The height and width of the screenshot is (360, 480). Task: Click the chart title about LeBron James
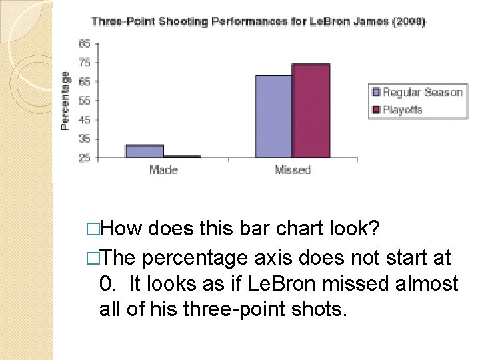[x=258, y=21]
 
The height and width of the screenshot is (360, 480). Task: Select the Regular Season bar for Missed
[x=274, y=117]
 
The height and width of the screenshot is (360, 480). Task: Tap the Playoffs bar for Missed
[x=311, y=111]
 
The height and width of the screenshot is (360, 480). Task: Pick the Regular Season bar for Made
[x=145, y=151]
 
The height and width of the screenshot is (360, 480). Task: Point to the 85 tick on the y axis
[x=85, y=44]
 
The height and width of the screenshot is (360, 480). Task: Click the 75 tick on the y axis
[x=85, y=63]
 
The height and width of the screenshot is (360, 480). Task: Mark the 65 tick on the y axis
[x=85, y=82]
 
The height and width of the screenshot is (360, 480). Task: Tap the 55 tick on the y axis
[x=85, y=101]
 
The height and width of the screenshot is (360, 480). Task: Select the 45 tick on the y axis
[x=85, y=120]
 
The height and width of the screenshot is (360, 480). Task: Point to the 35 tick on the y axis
[x=85, y=139]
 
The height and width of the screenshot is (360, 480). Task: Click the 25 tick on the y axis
[x=85, y=158]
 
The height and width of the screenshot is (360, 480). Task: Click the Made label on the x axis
[x=163, y=170]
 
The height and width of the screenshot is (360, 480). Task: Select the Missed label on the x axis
[x=293, y=170]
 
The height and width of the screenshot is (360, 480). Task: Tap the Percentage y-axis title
[x=65, y=101]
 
